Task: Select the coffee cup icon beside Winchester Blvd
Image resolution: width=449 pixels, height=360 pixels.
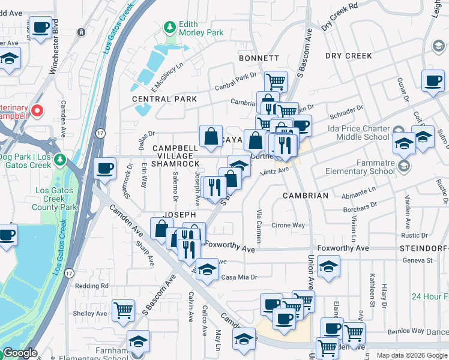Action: pos(40,28)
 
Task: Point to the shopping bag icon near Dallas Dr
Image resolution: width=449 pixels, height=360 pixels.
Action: pos(211,136)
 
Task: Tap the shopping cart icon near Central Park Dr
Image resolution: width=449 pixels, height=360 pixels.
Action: pos(276,81)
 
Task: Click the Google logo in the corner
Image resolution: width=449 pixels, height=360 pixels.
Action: pos(20,353)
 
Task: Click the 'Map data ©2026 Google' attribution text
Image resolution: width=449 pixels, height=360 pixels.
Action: pos(412,355)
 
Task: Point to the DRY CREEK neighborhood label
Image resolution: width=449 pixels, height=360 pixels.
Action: pos(349,56)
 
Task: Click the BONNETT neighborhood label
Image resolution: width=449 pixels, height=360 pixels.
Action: pos(259,58)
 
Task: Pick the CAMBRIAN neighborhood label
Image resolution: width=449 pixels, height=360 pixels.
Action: pos(306,196)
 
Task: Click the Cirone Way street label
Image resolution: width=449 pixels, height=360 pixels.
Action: pos(289,226)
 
